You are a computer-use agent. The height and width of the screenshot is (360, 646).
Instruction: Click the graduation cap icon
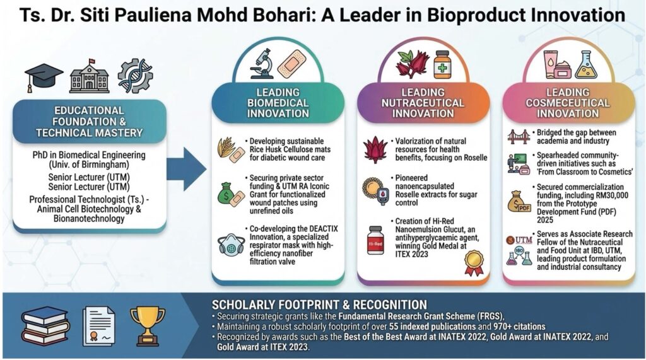pos(44,77)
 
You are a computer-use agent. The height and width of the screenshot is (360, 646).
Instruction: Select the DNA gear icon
pos(135,76)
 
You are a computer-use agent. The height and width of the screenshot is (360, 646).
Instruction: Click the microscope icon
pos(261,64)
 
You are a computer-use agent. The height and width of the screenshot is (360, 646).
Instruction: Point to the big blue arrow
pos(187,169)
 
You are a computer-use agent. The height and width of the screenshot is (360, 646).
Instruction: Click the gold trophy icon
pos(148,326)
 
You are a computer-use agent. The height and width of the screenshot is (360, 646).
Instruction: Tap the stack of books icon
pos(45,326)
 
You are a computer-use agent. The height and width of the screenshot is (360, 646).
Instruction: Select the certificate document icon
pos(98,326)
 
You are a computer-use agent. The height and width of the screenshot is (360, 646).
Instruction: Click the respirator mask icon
pos(231,245)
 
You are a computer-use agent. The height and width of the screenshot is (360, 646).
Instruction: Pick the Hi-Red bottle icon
pos(375,240)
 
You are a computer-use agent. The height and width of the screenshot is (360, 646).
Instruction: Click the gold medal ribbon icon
pos(474,263)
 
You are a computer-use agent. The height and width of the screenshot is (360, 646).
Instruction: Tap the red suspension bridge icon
pos(519,137)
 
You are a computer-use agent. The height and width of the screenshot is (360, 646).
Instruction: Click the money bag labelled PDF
pos(519,201)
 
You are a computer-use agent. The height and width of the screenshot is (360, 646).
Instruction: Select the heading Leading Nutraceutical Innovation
pos(423,103)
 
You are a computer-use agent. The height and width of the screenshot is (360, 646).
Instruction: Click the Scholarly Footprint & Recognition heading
pos(319,305)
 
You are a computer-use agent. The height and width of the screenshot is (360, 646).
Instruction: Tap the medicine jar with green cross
pos(442,64)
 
